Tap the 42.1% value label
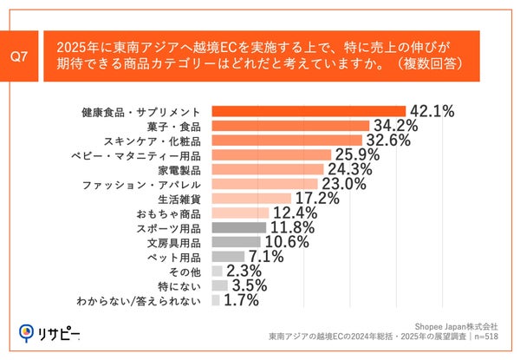[433, 112]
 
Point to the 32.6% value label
[390, 141]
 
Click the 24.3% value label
[352, 169]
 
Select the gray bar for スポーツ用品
[238, 228]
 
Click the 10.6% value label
[285, 242]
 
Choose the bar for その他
[217, 272]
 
